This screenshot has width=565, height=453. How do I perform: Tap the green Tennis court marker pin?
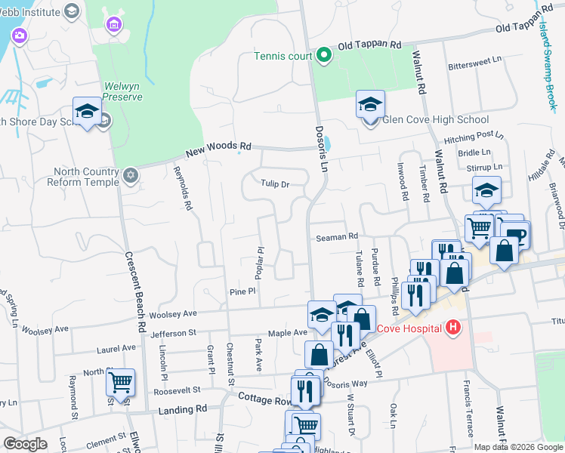[x=324, y=55]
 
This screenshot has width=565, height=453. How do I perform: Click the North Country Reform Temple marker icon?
[x=131, y=175]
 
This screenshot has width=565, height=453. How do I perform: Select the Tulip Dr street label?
[x=275, y=183]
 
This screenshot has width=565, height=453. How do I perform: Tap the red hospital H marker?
[x=452, y=327]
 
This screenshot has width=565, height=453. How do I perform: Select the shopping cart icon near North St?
[x=120, y=382]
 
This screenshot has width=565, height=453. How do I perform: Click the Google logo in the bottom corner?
[x=25, y=444]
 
